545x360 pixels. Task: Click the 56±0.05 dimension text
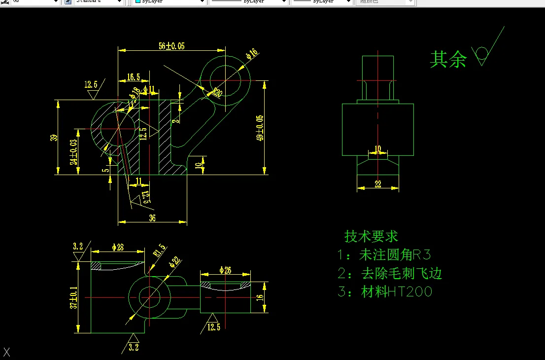tap(171, 46)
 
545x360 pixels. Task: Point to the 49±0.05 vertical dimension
tap(260, 128)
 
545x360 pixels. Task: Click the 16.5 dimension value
tap(133, 77)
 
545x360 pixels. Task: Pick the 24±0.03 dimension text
tap(73, 152)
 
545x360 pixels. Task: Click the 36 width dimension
tap(152, 218)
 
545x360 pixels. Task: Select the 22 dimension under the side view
tap(378, 184)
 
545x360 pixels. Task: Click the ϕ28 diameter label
tap(117, 247)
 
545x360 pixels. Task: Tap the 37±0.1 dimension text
tap(73, 298)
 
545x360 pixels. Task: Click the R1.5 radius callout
tap(160, 251)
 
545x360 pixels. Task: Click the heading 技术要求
tap(371, 237)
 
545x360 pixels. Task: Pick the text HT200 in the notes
tap(409, 292)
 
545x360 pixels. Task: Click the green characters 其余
tap(448, 59)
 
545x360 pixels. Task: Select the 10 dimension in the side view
tap(378, 148)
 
